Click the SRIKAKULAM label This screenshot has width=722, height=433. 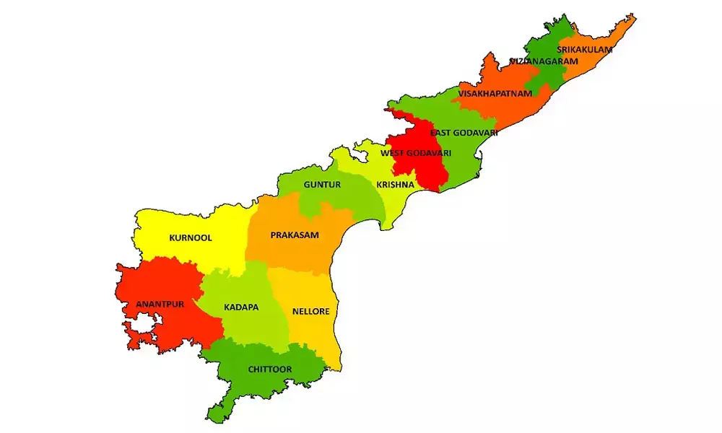coord(584,50)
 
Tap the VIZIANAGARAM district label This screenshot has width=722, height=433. coord(544,61)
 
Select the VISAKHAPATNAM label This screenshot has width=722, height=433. coord(495,94)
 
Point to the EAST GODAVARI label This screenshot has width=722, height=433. coord(464,133)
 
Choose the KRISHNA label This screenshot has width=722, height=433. coord(395,185)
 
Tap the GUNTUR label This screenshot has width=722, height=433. coord(321,185)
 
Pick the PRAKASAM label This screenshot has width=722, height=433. coord(295,235)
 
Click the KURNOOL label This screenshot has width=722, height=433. coord(191,237)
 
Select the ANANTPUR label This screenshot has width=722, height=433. coord(160,305)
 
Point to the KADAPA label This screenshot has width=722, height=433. coord(241,307)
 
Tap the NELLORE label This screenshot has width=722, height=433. coord(310,312)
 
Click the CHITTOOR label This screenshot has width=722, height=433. coord(269,369)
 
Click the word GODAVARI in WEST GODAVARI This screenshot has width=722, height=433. coord(428,153)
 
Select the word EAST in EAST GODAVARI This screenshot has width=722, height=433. coord(441,133)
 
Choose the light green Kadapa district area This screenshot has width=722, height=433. coord(242,325)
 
